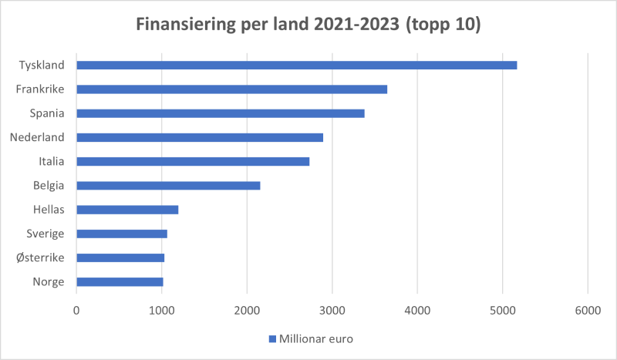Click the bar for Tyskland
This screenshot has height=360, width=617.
(x=296, y=66)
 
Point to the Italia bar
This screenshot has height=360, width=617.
(x=192, y=161)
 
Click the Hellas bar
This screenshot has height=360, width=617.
(x=127, y=210)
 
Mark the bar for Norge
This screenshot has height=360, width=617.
(x=120, y=281)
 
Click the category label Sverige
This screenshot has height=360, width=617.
(x=45, y=234)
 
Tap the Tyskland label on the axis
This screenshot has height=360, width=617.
(x=42, y=66)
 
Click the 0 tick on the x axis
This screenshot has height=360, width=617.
(x=76, y=310)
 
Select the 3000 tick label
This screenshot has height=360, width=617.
(x=332, y=310)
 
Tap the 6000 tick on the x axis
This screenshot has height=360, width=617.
(x=588, y=310)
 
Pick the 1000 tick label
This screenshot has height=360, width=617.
(x=161, y=310)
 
